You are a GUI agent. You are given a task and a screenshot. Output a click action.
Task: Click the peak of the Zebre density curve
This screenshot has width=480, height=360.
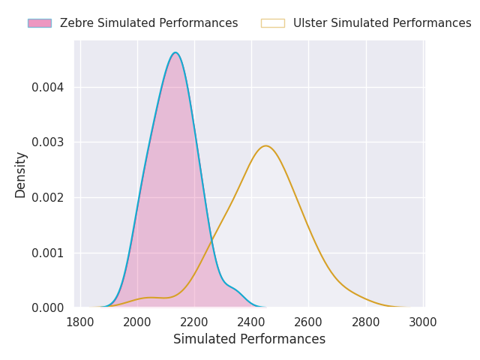click(175, 52)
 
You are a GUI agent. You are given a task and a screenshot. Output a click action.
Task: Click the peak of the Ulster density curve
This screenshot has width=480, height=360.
click(266, 146)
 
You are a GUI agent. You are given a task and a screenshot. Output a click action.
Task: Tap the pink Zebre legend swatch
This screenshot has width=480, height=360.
click(40, 23)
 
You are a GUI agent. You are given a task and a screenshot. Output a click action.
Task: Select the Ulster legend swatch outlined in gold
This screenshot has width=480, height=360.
click(273, 23)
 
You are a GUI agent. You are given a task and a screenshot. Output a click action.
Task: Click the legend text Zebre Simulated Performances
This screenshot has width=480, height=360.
click(148, 23)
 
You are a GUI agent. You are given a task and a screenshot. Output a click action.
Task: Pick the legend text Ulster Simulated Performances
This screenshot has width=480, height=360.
click(382, 23)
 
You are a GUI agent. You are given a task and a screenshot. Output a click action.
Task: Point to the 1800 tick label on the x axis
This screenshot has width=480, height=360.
click(80, 322)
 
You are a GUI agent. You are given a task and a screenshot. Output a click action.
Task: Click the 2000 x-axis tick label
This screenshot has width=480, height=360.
click(137, 322)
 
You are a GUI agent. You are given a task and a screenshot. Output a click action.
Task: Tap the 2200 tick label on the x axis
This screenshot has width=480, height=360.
click(194, 322)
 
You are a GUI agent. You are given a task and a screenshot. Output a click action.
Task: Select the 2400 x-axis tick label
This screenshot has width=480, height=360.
click(252, 322)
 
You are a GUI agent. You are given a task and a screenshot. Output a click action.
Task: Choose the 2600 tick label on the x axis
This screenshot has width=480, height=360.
click(308, 322)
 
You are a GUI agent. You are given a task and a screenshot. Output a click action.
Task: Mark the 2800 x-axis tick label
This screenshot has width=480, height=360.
click(366, 322)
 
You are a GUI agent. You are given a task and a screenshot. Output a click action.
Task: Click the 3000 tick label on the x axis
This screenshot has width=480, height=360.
click(423, 322)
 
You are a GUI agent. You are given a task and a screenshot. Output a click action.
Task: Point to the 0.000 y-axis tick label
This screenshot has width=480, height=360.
click(48, 308)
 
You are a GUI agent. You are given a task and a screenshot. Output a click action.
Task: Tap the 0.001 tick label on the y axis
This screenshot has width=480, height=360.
click(48, 253)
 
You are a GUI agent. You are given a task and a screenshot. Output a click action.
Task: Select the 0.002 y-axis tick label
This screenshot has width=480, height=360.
click(48, 198)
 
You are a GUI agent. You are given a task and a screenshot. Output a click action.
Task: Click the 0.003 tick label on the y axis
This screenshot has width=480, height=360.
click(48, 142)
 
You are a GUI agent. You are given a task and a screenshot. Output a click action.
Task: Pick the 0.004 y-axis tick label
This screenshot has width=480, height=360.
click(48, 88)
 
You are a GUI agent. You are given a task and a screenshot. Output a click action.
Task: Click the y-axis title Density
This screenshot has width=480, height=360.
click(20, 175)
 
